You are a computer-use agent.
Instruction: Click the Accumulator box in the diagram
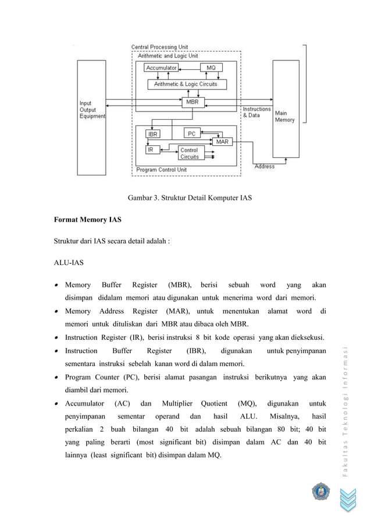[161, 68]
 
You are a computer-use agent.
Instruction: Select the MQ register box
[211, 68]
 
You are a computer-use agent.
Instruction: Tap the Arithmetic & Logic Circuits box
[185, 84]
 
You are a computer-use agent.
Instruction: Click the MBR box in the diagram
[192, 102]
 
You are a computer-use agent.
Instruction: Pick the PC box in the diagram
[192, 133]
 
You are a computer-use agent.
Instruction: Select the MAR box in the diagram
[222, 141]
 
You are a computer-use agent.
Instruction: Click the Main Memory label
[284, 116]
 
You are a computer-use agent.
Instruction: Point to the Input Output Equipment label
[92, 110]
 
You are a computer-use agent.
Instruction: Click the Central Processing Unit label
[159, 46]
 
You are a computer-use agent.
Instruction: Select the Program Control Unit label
[161, 170]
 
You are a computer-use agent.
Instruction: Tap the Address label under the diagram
[264, 167]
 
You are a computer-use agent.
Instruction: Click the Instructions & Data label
[256, 112]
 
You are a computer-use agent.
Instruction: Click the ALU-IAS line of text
[69, 263]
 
